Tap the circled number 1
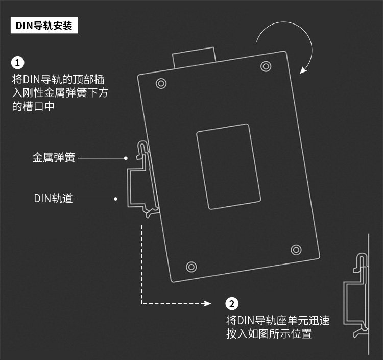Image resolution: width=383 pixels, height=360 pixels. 18,63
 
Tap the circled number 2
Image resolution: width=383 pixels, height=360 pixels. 232,304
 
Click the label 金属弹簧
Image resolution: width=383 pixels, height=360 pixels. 54,158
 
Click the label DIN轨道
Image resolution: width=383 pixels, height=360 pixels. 54,198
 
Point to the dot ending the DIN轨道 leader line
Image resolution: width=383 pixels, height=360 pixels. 116,198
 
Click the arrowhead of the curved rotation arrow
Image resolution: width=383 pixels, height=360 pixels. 304,69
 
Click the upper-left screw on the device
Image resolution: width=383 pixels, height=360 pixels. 161,83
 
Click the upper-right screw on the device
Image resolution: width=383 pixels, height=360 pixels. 265,66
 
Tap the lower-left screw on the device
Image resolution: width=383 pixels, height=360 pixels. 192,266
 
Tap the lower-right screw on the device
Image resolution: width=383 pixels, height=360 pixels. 296,249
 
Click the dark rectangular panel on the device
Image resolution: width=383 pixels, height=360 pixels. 228,166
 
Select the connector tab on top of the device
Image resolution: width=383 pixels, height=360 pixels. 194,57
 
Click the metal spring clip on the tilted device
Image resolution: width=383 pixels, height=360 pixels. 143,152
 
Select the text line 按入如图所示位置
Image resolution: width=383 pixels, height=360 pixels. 269,334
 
